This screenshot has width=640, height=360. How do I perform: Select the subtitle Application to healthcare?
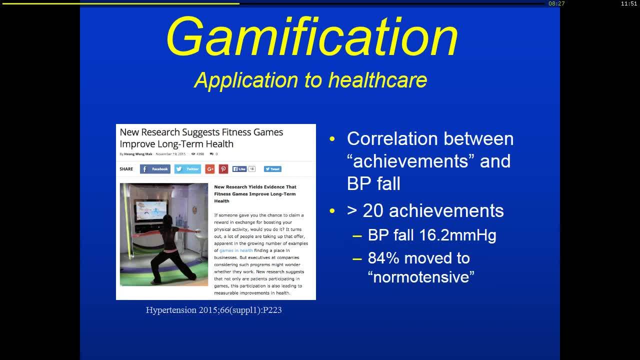click(x=310, y=80)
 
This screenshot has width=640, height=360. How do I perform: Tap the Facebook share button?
click(x=155, y=169)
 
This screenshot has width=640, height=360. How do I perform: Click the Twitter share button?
click(x=187, y=169)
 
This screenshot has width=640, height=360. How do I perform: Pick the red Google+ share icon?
click(x=210, y=169)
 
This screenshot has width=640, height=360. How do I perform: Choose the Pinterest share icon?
click(x=223, y=169)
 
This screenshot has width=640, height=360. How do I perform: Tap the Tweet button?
click(x=272, y=169)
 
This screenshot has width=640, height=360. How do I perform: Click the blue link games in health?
click(x=236, y=250)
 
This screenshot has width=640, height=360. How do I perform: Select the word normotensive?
click(x=421, y=276)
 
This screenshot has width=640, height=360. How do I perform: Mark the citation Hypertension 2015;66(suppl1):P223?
click(x=213, y=310)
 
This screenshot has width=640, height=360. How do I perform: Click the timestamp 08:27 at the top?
click(x=556, y=3)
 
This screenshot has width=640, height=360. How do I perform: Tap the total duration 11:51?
click(x=629, y=3)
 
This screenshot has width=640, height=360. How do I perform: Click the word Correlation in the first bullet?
click(x=393, y=138)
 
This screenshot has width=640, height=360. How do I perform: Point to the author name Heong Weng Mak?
click(x=138, y=154)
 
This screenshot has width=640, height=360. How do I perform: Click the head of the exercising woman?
click(x=166, y=219)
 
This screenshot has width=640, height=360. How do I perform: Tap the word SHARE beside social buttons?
click(x=126, y=169)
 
